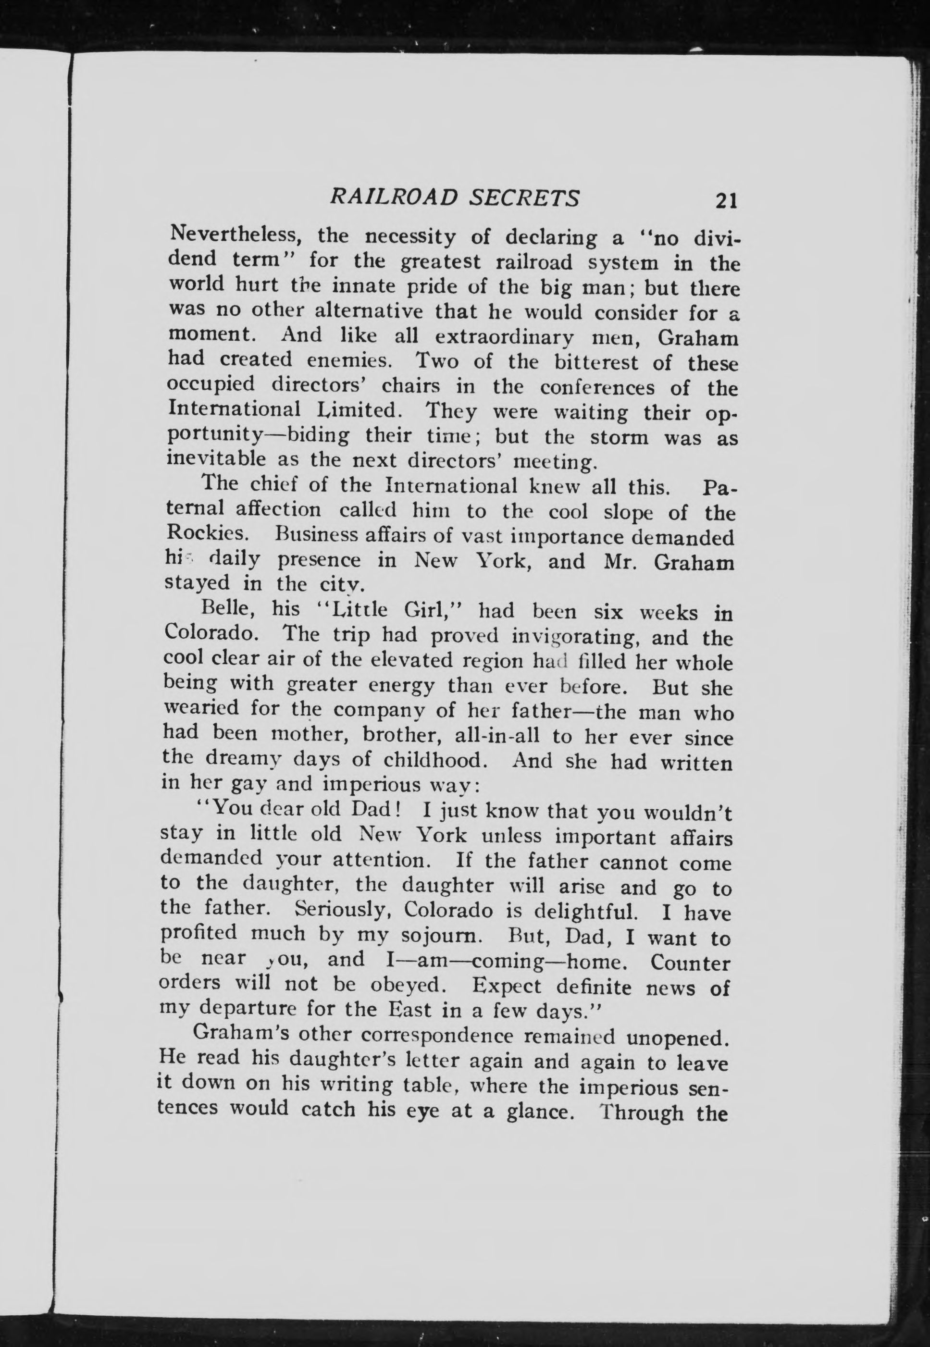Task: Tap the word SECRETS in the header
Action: coord(524,198)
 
